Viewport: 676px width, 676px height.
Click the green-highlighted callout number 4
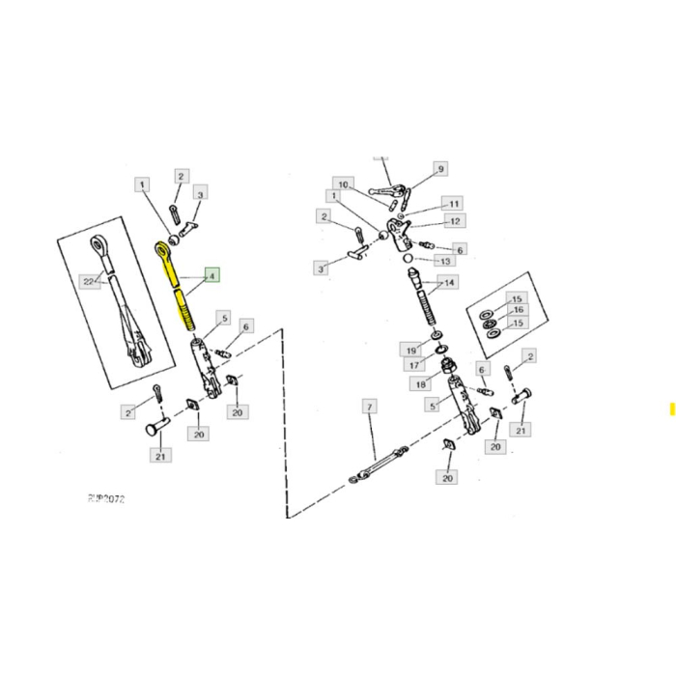click(211, 274)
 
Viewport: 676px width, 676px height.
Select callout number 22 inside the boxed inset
click(90, 281)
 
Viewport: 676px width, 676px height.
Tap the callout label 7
click(369, 408)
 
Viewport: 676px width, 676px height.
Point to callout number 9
click(441, 169)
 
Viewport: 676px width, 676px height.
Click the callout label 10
click(342, 183)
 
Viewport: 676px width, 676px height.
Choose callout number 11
click(452, 204)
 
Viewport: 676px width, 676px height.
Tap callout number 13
click(445, 261)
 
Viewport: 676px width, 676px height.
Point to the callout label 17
click(412, 365)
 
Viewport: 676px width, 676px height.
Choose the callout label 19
click(411, 349)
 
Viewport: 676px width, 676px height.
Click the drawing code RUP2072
click(106, 499)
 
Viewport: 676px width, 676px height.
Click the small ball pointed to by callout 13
click(408, 259)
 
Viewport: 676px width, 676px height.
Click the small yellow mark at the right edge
click(672, 408)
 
